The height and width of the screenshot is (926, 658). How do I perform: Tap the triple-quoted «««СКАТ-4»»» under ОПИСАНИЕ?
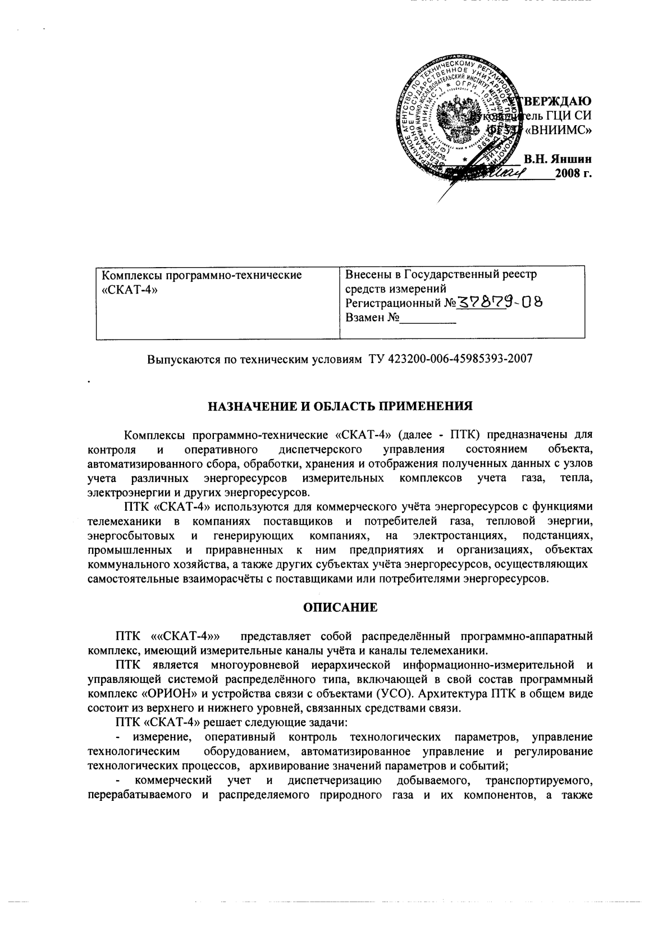(x=186, y=637)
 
